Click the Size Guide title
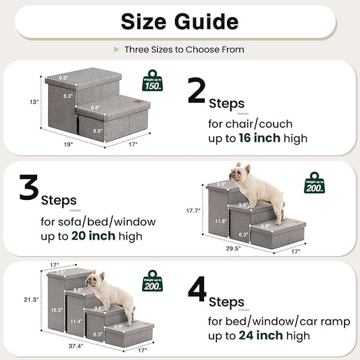click(180, 21)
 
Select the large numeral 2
click(196, 91)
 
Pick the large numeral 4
click(196, 288)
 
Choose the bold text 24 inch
click(261, 335)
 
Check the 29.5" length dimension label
click(234, 249)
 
